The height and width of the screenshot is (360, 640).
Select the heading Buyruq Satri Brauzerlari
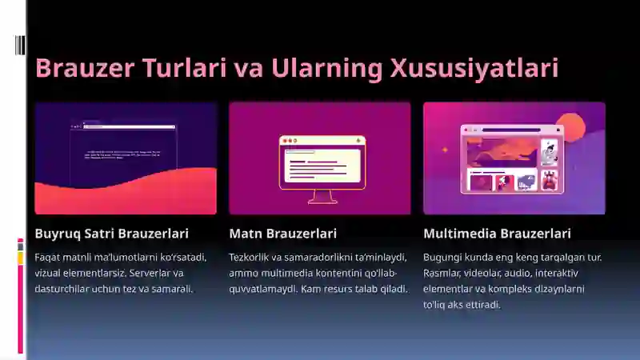click(x=112, y=234)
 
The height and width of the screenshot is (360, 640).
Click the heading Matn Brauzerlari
click(x=282, y=234)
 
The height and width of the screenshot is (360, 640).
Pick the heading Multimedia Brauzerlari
click(x=497, y=234)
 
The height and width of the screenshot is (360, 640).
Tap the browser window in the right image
click(x=512, y=158)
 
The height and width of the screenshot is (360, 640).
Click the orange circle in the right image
click(x=578, y=126)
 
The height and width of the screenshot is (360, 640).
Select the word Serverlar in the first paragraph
click(x=144, y=273)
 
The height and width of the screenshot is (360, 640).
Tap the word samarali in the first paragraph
click(x=171, y=288)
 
